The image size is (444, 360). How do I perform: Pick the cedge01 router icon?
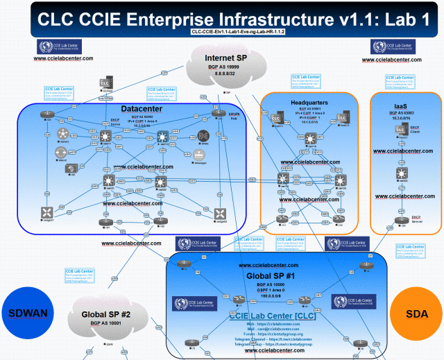pos(48,213)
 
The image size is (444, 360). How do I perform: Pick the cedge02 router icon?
pos(221,213)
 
